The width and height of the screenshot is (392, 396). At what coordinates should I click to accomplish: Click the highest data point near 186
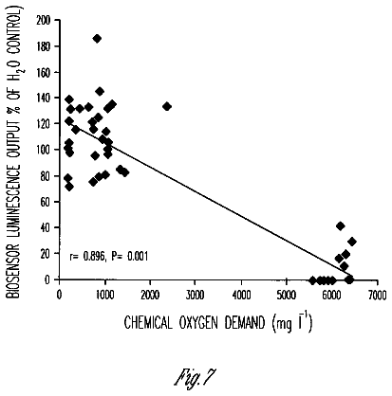pos(97,39)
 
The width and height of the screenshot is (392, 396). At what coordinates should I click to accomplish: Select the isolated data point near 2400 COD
pos(167,106)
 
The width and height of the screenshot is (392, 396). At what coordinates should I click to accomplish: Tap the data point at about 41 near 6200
pos(341,225)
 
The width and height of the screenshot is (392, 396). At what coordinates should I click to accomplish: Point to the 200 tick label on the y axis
pos(44,21)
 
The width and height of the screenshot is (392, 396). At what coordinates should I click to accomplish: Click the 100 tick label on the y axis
pos(44,150)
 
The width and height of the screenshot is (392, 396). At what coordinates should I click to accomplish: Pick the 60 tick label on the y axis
pos(47,201)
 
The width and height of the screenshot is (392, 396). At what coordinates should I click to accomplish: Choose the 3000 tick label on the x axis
pos(195,295)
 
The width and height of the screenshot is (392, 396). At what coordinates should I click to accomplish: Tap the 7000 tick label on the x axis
pos(376,295)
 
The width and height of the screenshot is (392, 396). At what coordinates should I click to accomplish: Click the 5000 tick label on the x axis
pos(286,295)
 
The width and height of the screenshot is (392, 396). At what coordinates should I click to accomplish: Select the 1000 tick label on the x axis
pos(104,295)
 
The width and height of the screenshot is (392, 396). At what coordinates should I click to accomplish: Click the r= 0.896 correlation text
pos(87,256)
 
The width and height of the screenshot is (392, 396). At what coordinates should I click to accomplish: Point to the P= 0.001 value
pos(129,256)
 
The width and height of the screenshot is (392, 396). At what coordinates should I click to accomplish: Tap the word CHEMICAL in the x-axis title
pos(148,323)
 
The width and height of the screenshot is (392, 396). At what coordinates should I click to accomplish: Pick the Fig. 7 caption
pos(196,377)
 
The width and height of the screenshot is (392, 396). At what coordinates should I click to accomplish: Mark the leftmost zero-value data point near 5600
pos(312,280)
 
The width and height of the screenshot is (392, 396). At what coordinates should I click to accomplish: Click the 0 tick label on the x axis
pos(59,295)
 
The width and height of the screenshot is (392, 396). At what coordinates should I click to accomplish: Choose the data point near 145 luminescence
pos(100,92)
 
